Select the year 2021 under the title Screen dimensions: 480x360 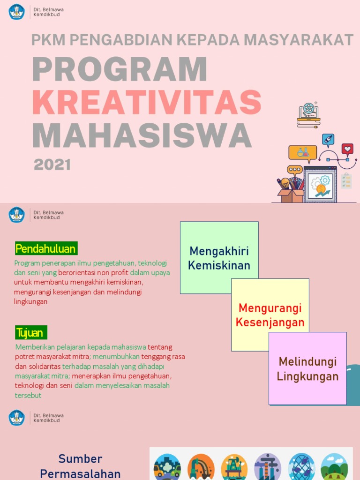point(52,165)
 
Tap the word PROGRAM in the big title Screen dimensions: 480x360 point(120,69)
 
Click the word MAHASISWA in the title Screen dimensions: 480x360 point(142,135)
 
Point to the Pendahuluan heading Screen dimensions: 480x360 point(45,248)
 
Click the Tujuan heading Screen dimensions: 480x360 point(30,333)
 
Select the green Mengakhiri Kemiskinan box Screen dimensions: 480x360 point(219,257)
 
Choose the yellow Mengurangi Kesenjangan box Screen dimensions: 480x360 point(270,315)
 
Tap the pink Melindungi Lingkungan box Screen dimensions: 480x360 point(307,368)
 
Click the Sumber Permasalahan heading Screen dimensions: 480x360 point(80,466)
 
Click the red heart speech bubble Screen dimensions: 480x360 point(347,150)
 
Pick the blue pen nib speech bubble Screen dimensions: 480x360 point(328,140)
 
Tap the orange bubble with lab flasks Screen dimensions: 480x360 point(302,152)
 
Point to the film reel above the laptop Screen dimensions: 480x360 point(308,109)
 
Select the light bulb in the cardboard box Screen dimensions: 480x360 point(285,183)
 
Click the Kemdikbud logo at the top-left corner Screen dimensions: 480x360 point(17,12)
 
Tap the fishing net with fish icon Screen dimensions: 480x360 point(301,467)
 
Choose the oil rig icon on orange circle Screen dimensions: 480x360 point(234,467)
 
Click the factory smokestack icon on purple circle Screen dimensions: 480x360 point(267,467)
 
